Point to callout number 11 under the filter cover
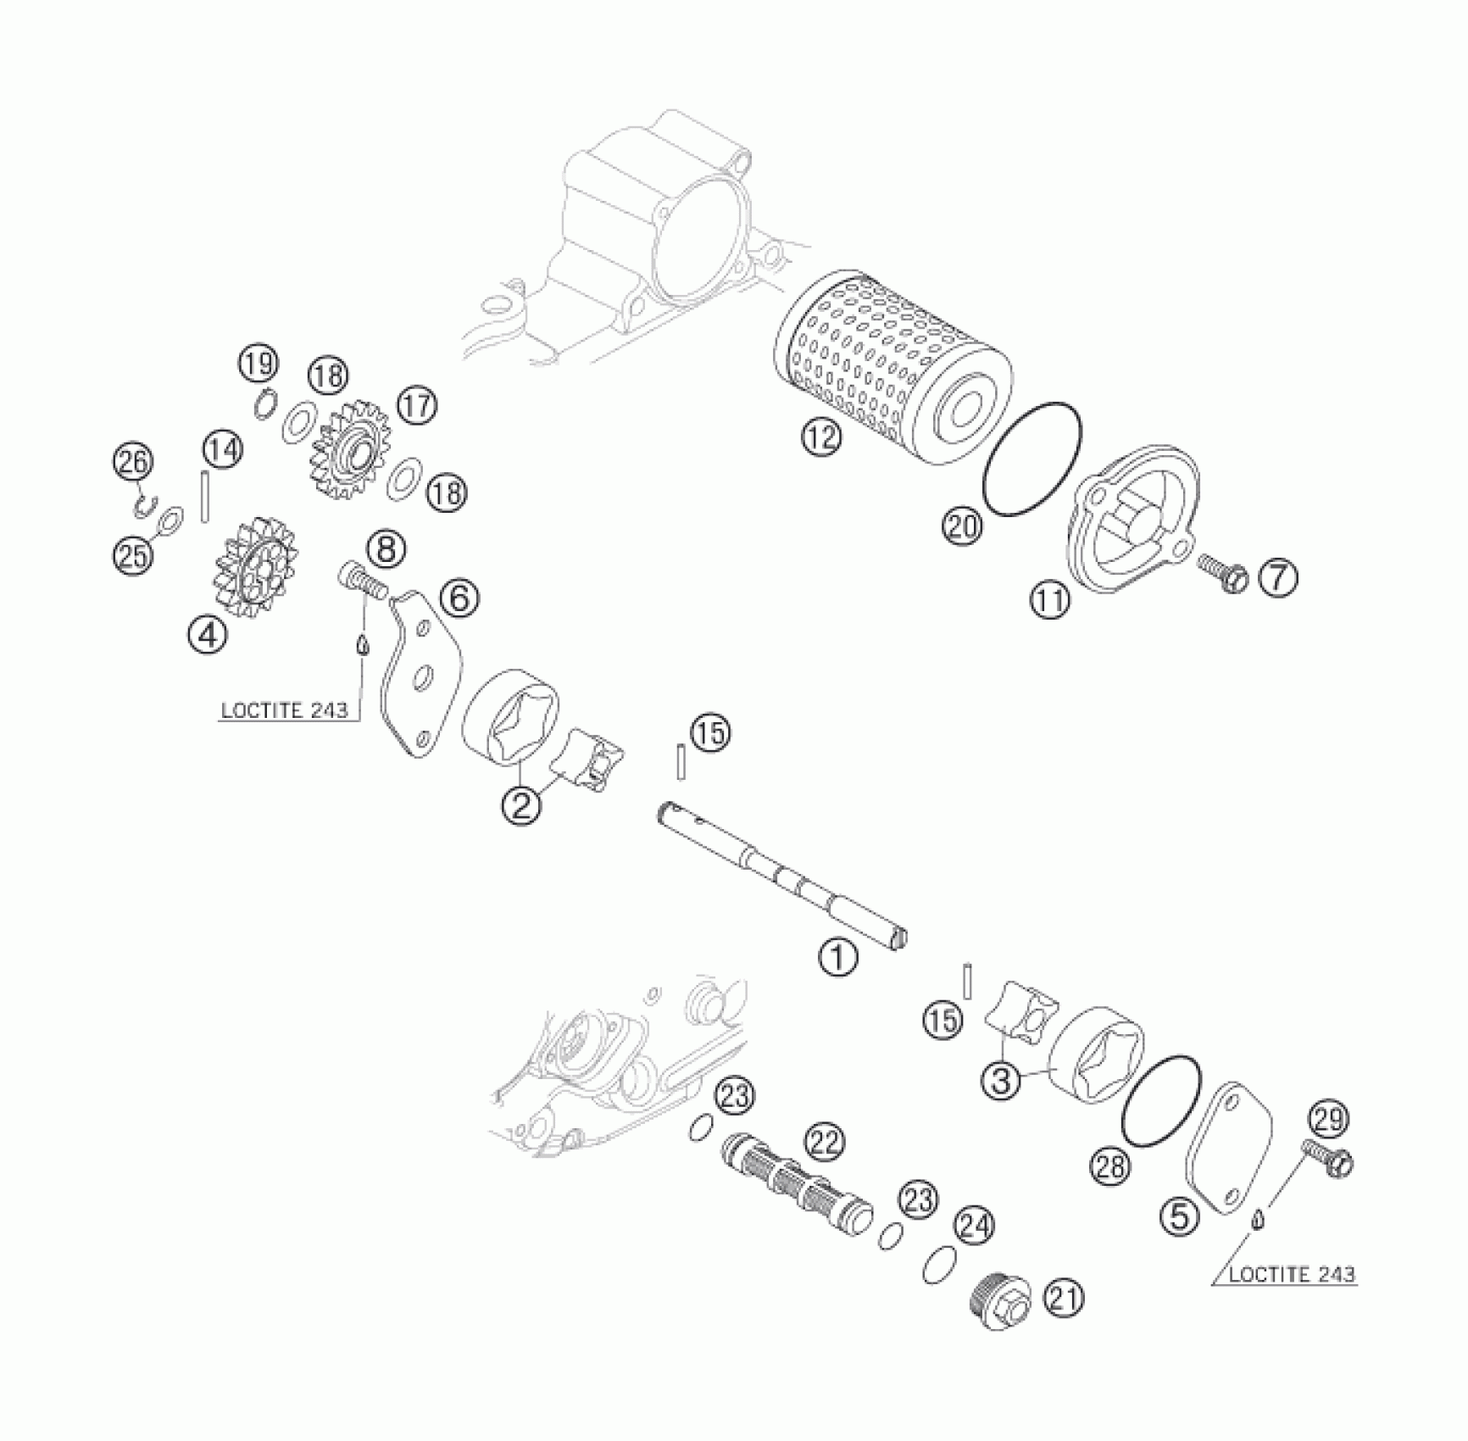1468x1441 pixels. (x=1050, y=601)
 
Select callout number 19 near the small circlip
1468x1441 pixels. (x=257, y=364)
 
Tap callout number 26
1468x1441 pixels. (x=134, y=463)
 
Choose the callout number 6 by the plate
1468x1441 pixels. (x=459, y=598)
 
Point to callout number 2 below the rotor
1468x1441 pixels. (x=520, y=804)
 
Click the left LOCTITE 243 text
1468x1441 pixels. (x=285, y=710)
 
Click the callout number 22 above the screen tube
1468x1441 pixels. (x=825, y=1143)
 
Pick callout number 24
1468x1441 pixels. (x=974, y=1226)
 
